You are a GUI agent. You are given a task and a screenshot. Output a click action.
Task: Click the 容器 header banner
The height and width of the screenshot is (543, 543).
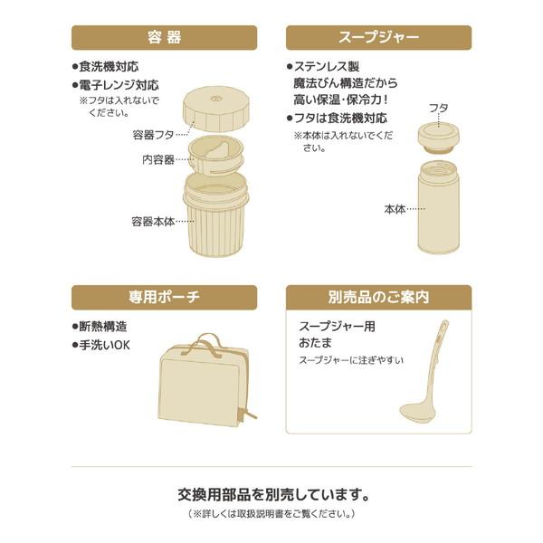click(164, 38)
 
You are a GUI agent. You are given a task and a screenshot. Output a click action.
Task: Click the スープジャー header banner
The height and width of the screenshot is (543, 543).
click(378, 38)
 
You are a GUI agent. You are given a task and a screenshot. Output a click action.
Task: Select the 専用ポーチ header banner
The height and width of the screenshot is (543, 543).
click(164, 298)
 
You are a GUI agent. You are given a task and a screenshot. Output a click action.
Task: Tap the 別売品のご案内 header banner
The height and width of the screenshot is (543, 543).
click(378, 298)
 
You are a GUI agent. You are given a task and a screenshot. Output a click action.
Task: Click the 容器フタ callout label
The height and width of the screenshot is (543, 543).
click(153, 135)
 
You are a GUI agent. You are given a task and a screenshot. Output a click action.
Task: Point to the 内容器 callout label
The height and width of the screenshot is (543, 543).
click(158, 159)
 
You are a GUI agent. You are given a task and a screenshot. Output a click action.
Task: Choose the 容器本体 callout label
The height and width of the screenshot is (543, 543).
click(153, 221)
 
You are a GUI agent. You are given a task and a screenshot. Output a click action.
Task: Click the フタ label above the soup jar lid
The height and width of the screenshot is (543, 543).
click(438, 108)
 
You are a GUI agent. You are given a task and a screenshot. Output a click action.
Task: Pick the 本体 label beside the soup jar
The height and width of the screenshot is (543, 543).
click(395, 209)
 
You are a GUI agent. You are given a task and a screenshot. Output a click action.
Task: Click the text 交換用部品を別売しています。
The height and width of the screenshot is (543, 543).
click(272, 495)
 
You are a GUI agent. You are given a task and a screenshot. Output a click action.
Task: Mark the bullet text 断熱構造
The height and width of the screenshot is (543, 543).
click(102, 327)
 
